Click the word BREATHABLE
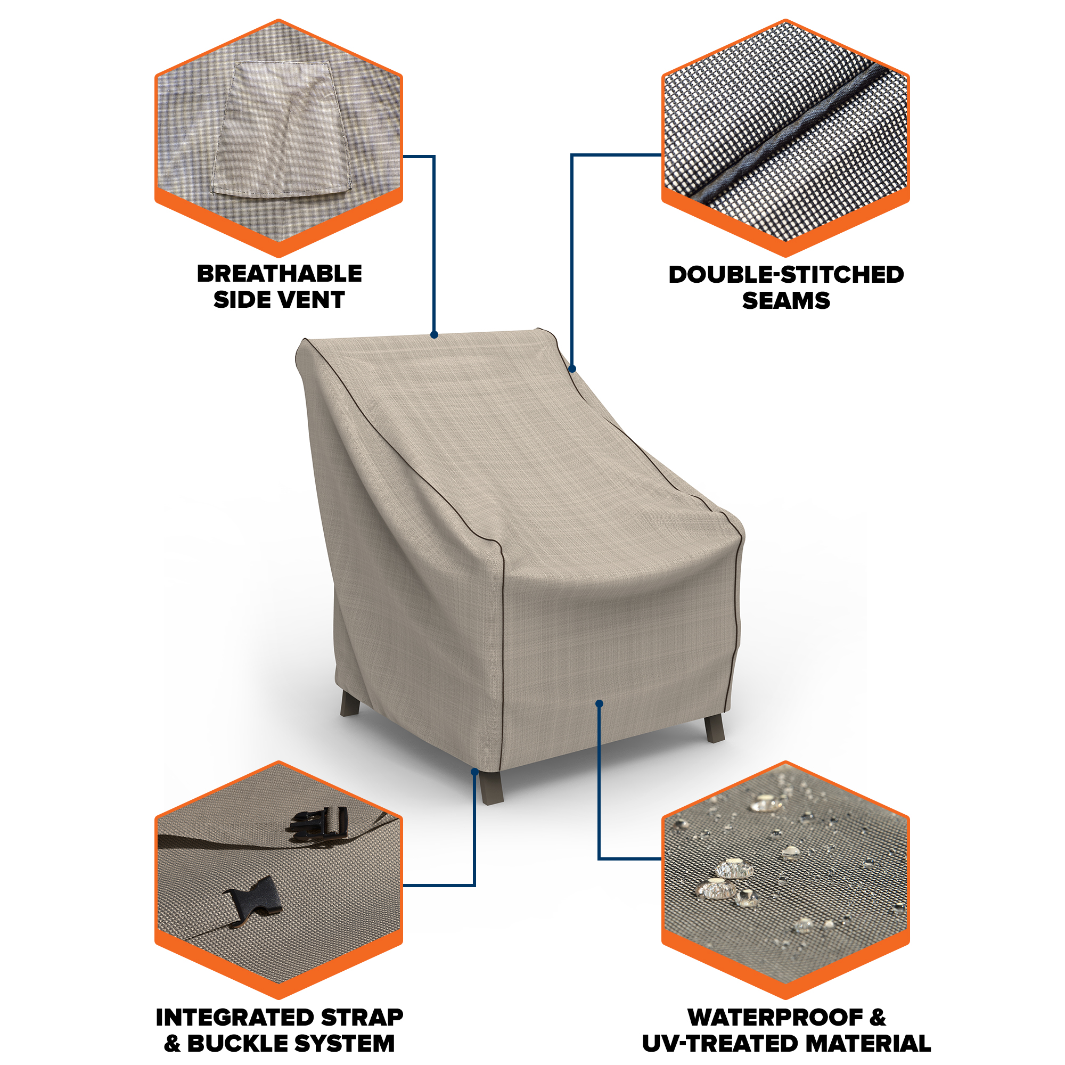[x=280, y=273]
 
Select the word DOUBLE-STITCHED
[x=786, y=275]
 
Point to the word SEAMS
[x=786, y=300]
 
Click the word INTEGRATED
[x=235, y=1018]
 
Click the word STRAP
[x=362, y=1018]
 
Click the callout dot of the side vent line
[x=435, y=334]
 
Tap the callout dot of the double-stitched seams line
[x=572, y=369]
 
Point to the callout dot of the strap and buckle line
[x=474, y=772]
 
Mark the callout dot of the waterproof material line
[x=599, y=703]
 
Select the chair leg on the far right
[x=715, y=728]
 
